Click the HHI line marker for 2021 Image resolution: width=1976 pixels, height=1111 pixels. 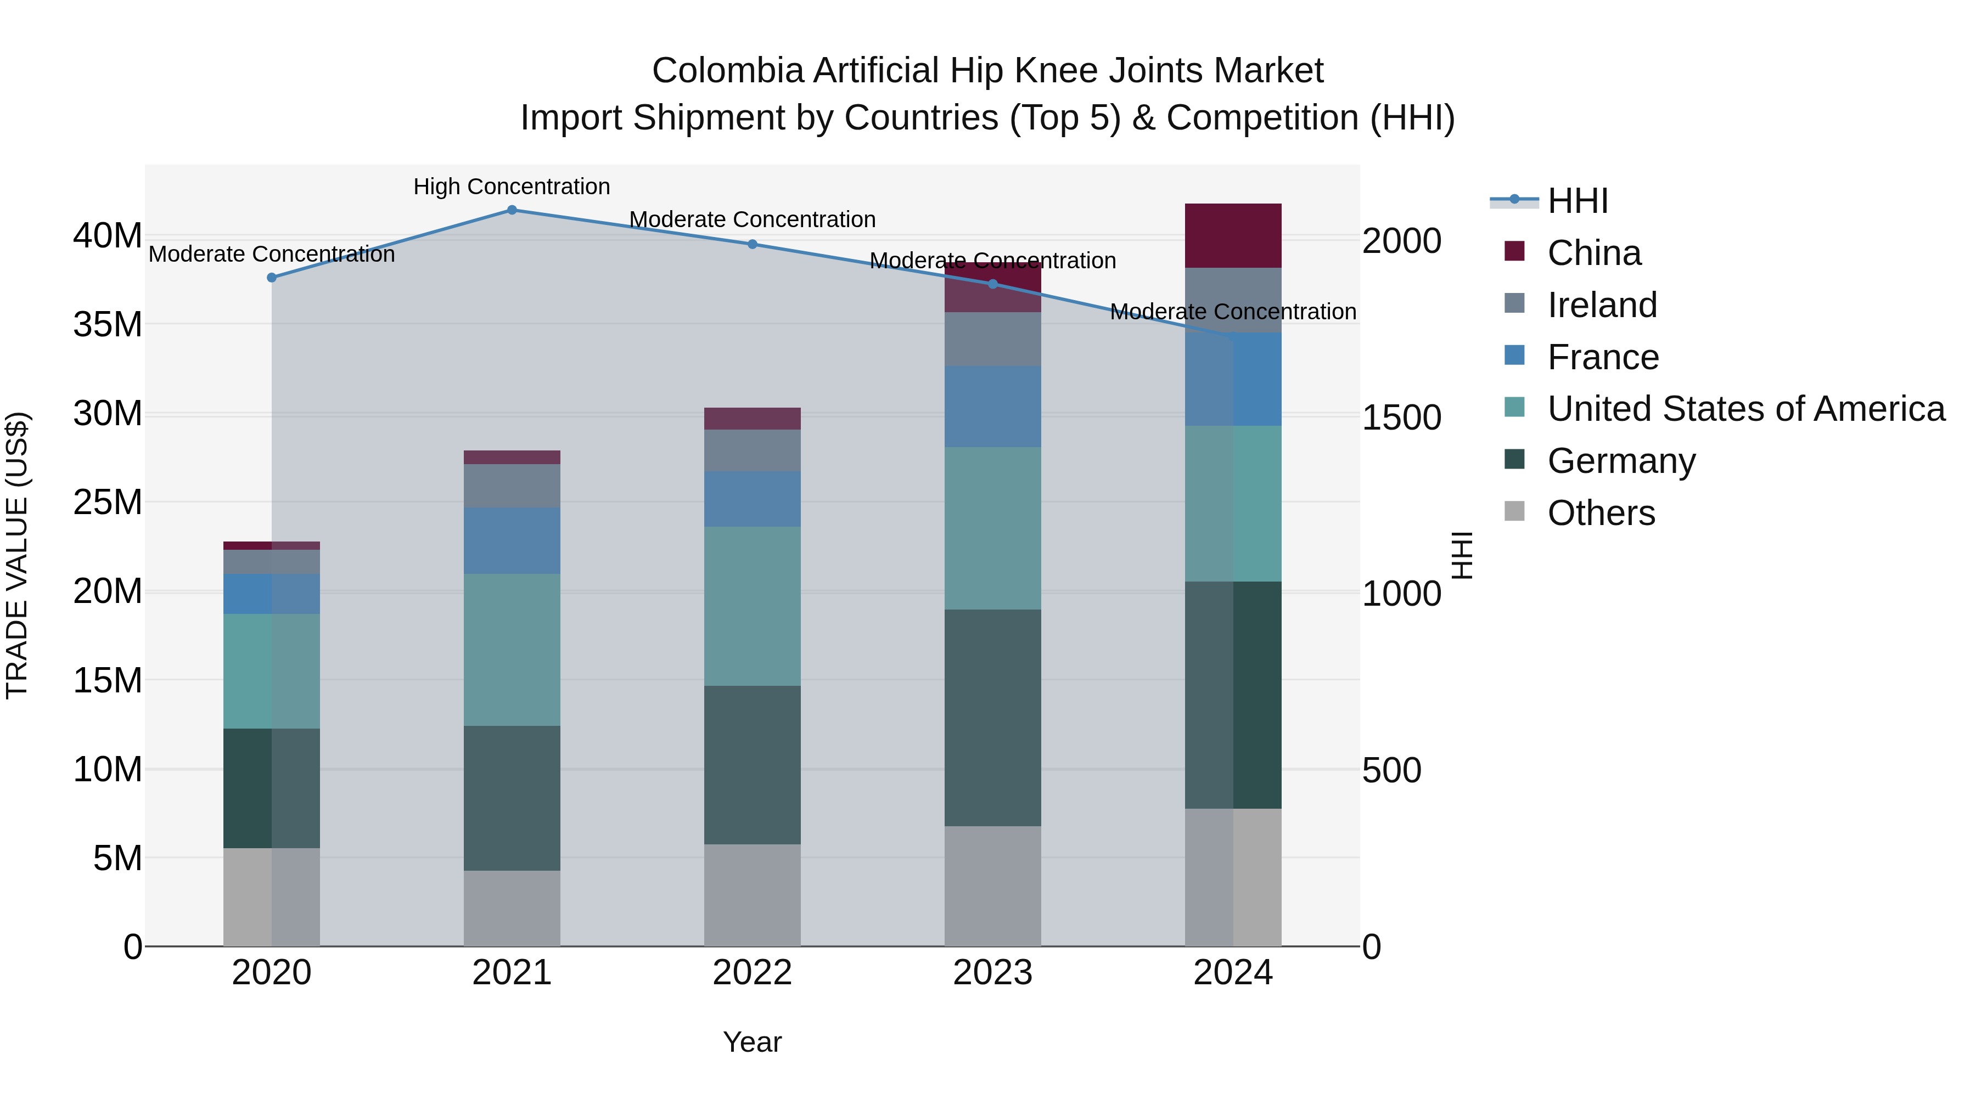[x=512, y=210]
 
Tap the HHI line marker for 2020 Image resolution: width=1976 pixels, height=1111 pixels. [x=272, y=278]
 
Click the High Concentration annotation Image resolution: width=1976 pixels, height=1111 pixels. [x=512, y=187]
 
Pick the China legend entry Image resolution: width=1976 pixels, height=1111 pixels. [x=1593, y=253]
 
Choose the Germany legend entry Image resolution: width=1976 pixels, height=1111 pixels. [x=1621, y=461]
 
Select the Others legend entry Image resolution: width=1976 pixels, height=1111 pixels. [x=1601, y=513]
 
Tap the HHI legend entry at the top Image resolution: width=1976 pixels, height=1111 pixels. [x=1577, y=201]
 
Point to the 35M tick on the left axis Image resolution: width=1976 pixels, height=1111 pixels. [x=108, y=324]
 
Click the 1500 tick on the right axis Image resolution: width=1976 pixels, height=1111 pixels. [x=1401, y=418]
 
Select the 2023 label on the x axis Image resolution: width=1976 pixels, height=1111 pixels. [x=992, y=973]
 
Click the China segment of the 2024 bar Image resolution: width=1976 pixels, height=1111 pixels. [x=1233, y=235]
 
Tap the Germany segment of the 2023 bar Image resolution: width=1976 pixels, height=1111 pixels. [x=992, y=717]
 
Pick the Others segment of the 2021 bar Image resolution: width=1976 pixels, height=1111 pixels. [x=512, y=908]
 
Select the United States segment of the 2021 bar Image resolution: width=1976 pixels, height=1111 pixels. [x=512, y=650]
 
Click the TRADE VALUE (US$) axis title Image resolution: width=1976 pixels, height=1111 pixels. [x=17, y=555]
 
